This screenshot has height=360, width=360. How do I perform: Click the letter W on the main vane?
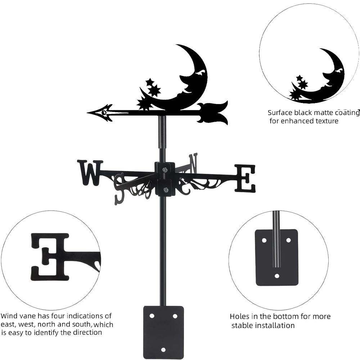click(x=89, y=172)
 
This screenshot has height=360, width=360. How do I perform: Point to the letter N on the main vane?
click(x=193, y=162)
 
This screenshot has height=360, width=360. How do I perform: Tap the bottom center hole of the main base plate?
click(x=163, y=350)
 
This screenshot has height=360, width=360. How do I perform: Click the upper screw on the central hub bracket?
click(x=165, y=170)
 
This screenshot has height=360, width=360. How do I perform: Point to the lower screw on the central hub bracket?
click(x=165, y=190)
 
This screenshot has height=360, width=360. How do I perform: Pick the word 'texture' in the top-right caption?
click(x=325, y=121)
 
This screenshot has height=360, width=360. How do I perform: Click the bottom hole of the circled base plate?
click(x=276, y=276)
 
